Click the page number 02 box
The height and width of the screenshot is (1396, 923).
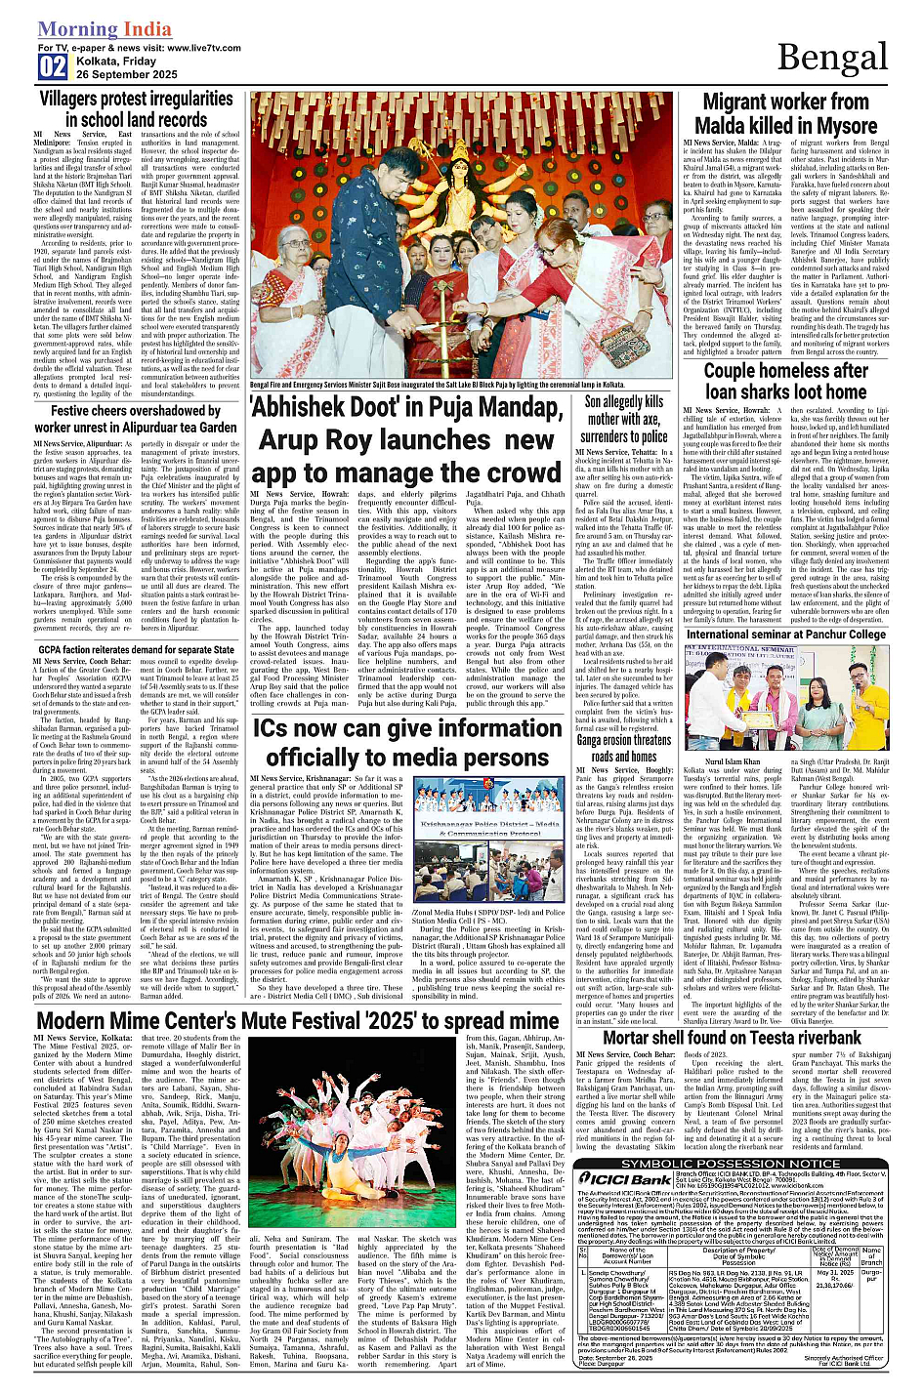pos(53,67)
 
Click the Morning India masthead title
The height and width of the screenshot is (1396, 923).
pos(90,29)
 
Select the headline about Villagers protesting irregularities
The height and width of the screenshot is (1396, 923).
pos(136,109)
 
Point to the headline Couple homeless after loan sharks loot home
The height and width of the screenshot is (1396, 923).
pos(785,381)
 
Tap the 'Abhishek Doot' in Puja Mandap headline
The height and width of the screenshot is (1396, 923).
pos(406,438)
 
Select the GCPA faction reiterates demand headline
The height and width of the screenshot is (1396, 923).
pos(137,649)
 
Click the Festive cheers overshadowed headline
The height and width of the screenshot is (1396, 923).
pos(136,419)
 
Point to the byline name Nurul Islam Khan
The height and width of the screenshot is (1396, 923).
pos(732,761)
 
